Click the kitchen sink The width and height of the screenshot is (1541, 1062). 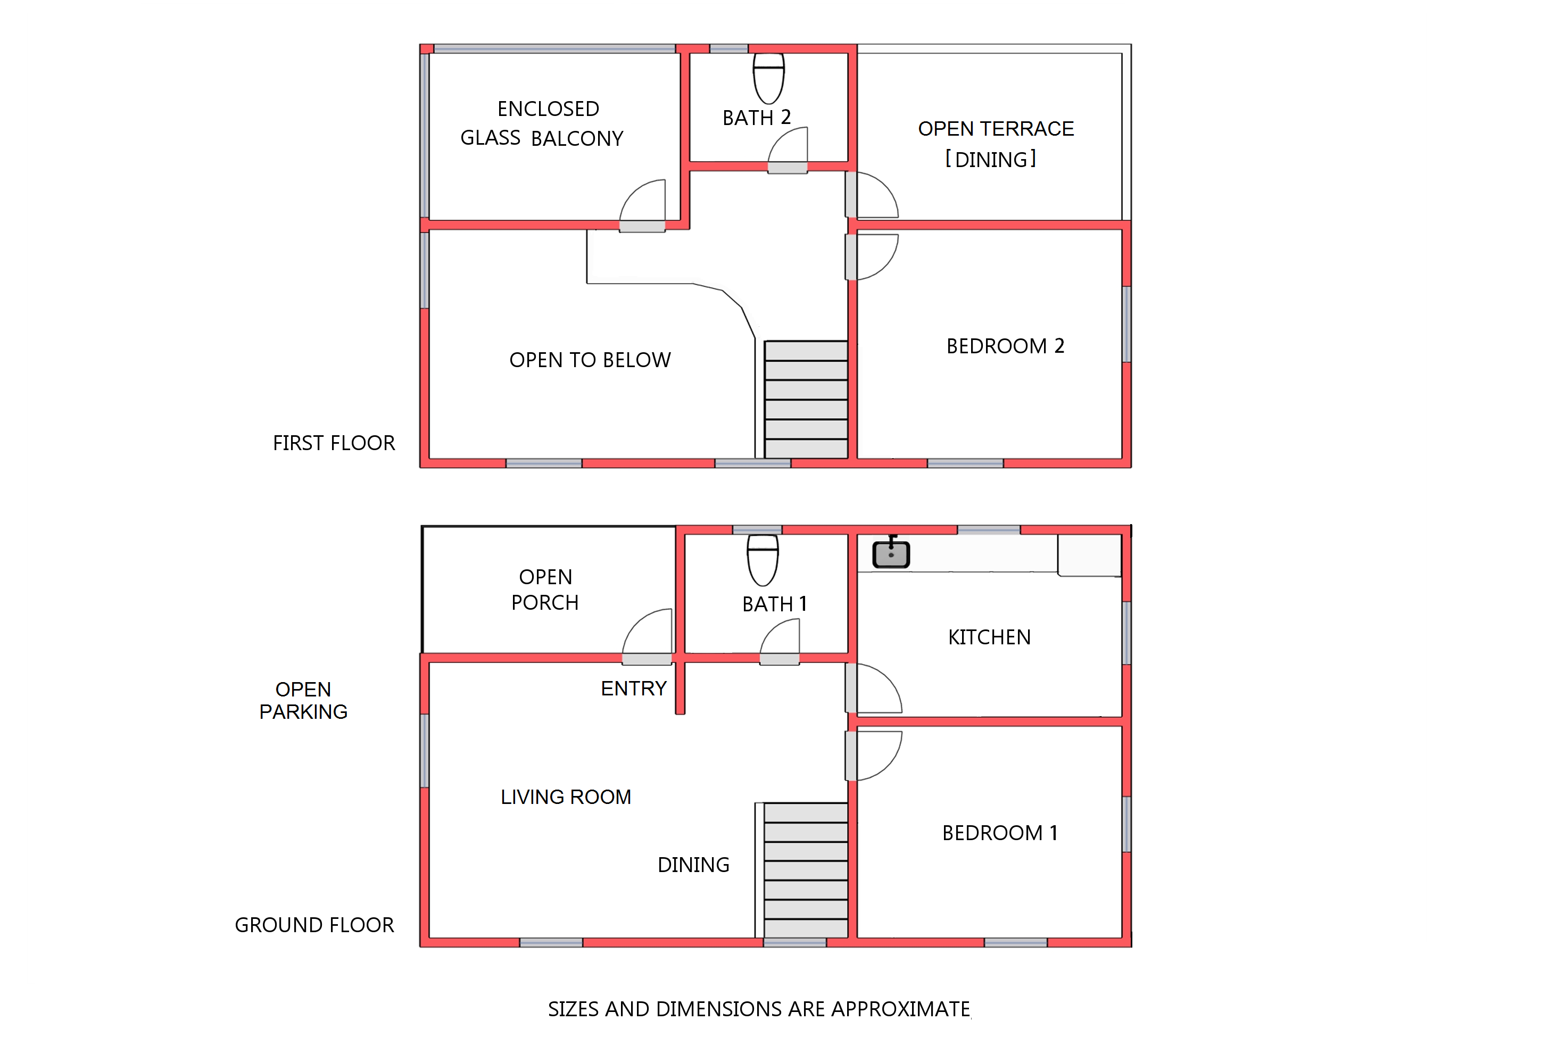(x=890, y=552)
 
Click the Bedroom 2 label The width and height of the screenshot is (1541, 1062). (x=1005, y=346)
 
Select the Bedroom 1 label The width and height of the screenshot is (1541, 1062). (x=999, y=833)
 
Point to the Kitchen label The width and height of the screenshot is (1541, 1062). (x=989, y=637)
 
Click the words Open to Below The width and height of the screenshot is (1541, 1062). (x=590, y=360)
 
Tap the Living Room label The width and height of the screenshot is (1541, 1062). (x=566, y=796)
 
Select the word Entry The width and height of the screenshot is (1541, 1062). (x=633, y=688)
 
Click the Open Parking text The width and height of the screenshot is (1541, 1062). (x=303, y=700)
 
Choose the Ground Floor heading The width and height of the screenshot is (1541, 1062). (x=314, y=924)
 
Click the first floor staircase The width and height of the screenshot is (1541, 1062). (x=806, y=399)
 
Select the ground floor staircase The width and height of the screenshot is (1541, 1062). (x=806, y=870)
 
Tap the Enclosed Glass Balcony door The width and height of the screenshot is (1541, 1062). (x=642, y=205)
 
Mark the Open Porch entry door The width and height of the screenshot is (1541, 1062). (x=647, y=637)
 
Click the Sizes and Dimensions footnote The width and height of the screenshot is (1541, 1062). (x=759, y=1009)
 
